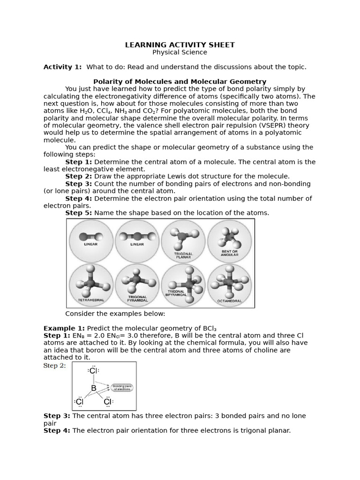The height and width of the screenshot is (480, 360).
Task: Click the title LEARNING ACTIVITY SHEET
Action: pyautogui.click(x=180, y=45)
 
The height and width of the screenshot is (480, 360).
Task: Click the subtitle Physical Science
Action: pyautogui.click(x=180, y=52)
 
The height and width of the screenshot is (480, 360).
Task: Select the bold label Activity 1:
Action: pyautogui.click(x=62, y=67)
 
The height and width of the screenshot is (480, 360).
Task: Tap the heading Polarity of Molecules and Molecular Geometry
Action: pyautogui.click(x=180, y=82)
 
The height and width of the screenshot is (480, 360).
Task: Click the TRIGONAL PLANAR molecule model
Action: pyautogui.click(x=182, y=237)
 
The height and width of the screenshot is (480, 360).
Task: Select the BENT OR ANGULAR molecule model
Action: pyautogui.click(x=229, y=237)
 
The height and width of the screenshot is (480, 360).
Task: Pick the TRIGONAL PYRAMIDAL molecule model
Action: pyautogui.click(x=137, y=281)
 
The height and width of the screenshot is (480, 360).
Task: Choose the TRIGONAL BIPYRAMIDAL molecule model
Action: pyautogui.click(x=183, y=281)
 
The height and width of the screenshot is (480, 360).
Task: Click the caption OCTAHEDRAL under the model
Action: pyautogui.click(x=229, y=301)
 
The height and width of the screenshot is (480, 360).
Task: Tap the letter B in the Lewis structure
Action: pyautogui.click(x=94, y=388)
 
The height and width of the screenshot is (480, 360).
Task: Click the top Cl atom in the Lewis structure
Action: pyautogui.click(x=93, y=371)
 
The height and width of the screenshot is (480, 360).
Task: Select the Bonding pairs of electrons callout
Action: pyautogui.click(x=122, y=388)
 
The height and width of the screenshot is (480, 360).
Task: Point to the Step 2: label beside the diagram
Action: pyautogui.click(x=55, y=366)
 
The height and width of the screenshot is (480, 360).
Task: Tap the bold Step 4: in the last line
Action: pyautogui.click(x=57, y=430)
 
